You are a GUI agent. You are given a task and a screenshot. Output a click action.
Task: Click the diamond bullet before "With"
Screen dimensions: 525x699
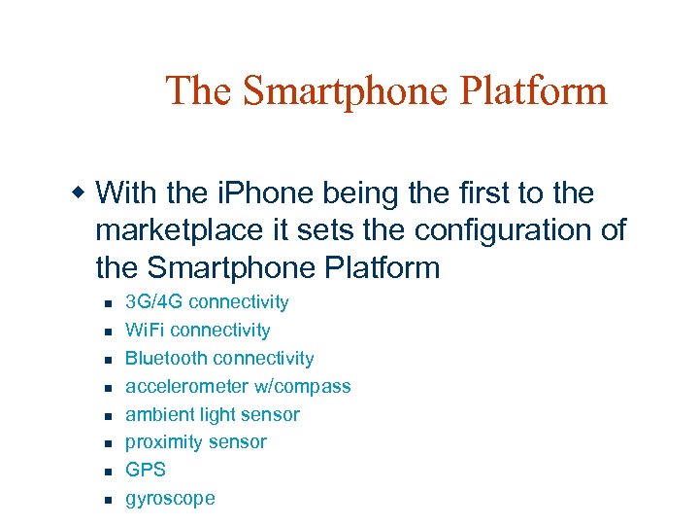[83, 192]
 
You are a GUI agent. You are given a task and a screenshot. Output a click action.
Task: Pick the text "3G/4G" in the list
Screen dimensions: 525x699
[154, 302]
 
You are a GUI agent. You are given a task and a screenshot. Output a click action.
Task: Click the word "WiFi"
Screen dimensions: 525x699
[145, 331]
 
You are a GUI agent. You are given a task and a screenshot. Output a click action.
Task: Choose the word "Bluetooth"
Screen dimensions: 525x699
[164, 359]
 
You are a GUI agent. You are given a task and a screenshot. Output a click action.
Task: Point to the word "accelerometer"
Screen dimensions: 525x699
[187, 386]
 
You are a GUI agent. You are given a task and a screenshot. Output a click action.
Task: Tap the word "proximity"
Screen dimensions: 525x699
[161, 442]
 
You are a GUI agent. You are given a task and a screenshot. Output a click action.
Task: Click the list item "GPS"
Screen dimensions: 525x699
[146, 470]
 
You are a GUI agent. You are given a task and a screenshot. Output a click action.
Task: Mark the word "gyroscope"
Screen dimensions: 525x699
[170, 499]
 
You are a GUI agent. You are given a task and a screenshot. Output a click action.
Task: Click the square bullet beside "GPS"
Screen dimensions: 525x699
[109, 472]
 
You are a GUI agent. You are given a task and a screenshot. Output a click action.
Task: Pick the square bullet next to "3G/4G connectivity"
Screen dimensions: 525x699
[109, 303]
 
